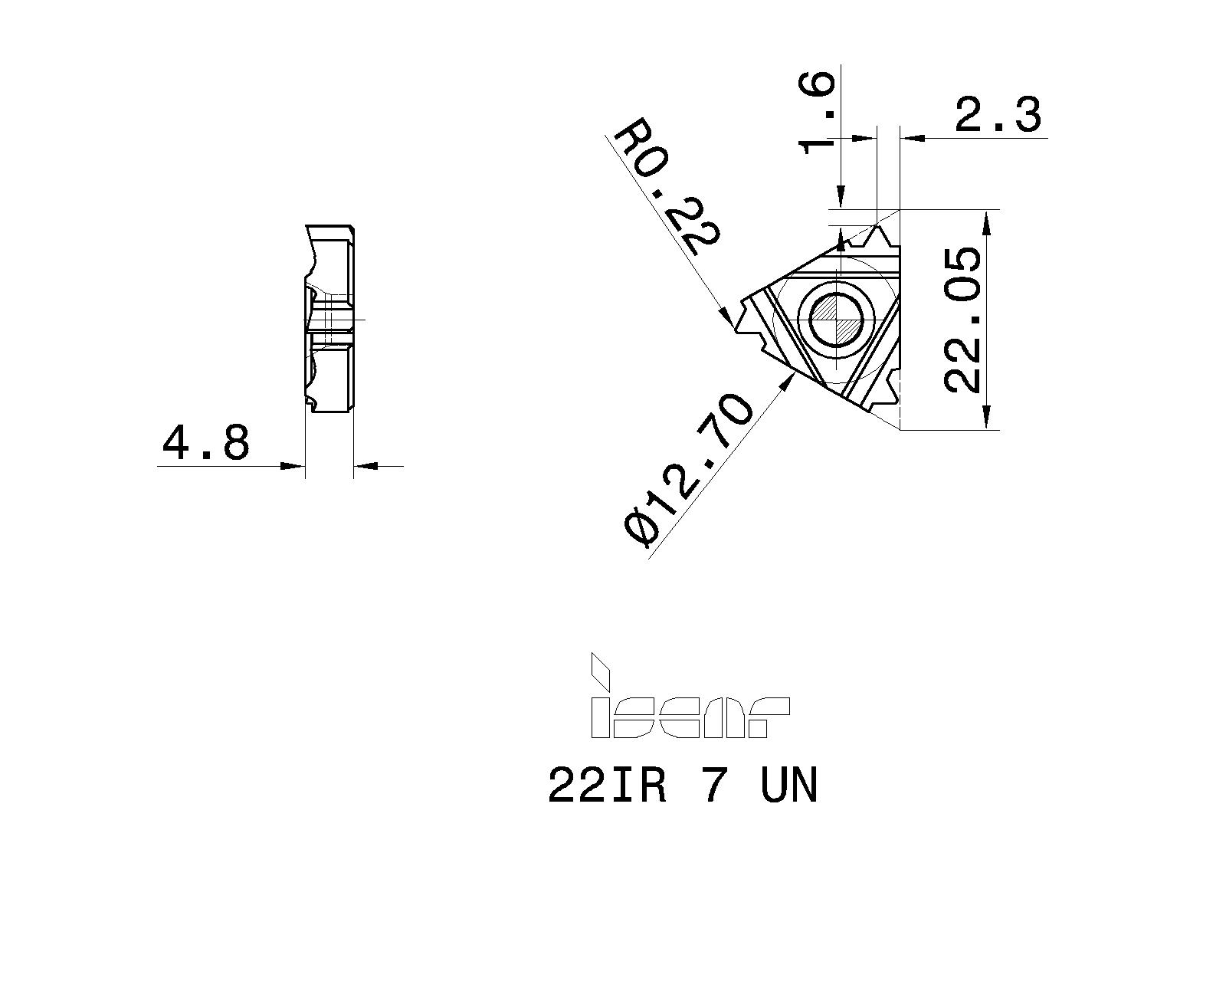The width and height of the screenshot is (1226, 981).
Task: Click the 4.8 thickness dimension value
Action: click(205, 443)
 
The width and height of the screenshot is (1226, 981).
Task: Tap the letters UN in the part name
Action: click(789, 786)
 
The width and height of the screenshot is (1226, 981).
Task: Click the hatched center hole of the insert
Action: click(838, 320)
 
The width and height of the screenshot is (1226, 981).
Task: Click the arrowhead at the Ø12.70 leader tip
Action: click(787, 383)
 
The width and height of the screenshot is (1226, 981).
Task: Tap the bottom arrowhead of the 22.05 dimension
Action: click(988, 419)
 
